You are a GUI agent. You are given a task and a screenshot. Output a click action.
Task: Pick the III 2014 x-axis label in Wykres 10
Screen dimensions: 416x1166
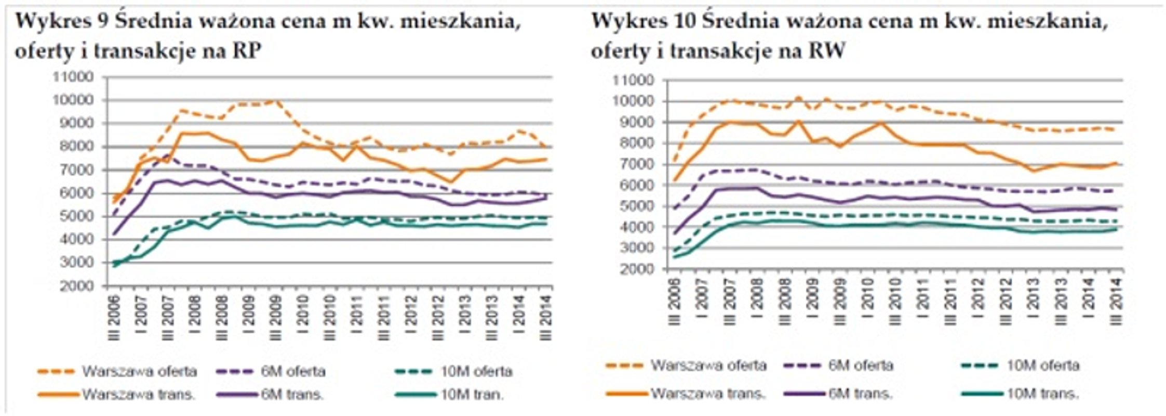(1115, 301)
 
